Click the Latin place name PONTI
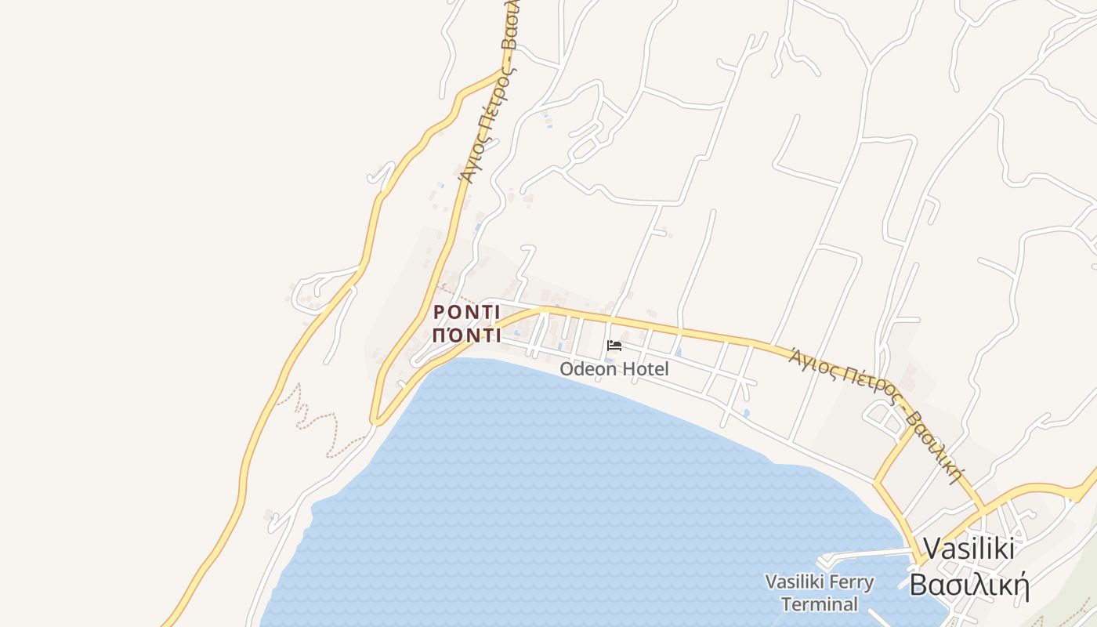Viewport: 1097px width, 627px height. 466,312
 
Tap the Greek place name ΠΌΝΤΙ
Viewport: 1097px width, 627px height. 466,335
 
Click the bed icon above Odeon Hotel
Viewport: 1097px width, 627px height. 614,346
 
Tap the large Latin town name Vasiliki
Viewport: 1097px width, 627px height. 968,548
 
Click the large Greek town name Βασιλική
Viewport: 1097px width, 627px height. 968,585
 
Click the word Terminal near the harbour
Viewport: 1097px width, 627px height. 820,604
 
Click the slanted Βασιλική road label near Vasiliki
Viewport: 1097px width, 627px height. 933,444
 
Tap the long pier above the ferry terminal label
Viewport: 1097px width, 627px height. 862,554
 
